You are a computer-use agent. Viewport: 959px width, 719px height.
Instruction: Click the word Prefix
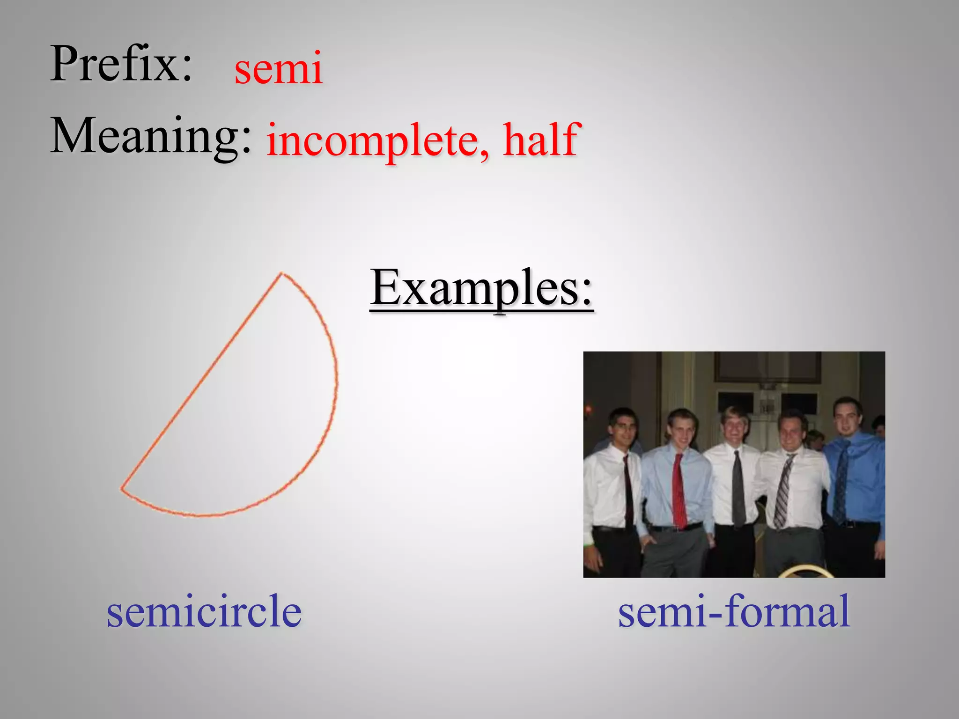coord(121,64)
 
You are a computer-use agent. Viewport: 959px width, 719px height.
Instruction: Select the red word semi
coord(278,69)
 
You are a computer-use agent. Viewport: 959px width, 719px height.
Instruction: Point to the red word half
coord(541,139)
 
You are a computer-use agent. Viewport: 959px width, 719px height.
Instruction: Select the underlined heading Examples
coord(481,288)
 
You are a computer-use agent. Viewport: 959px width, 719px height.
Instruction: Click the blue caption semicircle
coord(204,611)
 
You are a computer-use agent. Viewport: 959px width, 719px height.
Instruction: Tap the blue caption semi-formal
coord(734,611)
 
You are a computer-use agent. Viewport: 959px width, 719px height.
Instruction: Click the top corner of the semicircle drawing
coord(281,273)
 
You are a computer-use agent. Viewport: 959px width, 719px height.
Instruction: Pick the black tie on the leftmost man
coord(628,492)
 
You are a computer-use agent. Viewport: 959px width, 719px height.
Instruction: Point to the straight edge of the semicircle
coord(201,382)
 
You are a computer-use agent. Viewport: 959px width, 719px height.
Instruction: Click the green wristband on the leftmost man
coord(587,544)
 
